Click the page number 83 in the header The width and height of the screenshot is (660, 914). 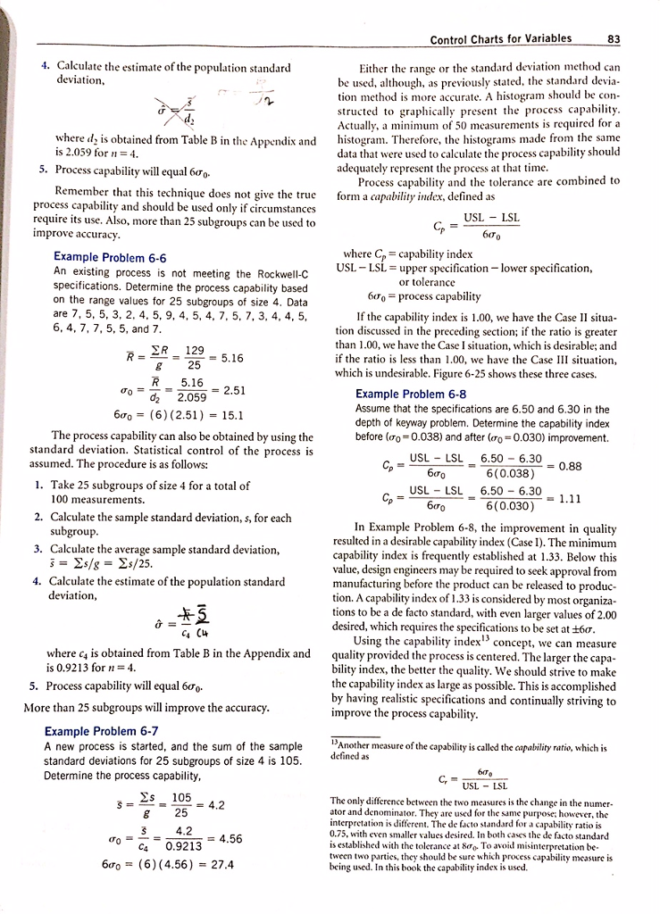click(612, 38)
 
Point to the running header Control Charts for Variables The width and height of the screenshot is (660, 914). click(508, 38)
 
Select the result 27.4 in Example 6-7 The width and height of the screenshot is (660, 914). click(220, 865)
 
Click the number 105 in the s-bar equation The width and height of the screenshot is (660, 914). click(182, 796)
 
